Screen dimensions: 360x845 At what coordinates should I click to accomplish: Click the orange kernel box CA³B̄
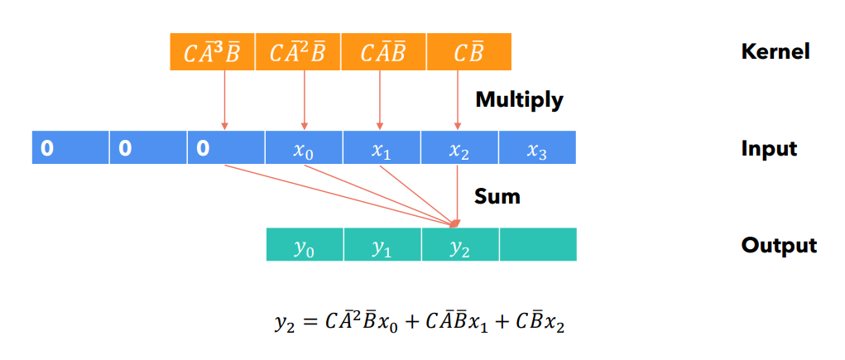[x=212, y=52]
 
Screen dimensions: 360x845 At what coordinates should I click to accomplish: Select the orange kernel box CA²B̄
[x=298, y=52]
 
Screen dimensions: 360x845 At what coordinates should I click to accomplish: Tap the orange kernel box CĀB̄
[x=383, y=52]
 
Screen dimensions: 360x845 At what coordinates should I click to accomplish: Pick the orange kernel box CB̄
[x=468, y=52]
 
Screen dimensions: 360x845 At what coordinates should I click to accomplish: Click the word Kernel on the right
[x=775, y=52]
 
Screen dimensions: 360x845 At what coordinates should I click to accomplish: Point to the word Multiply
[x=519, y=100]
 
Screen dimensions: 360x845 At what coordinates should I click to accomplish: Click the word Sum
[x=497, y=197]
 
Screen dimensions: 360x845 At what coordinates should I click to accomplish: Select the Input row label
[x=769, y=149]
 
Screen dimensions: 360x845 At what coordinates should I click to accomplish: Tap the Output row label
[x=779, y=246]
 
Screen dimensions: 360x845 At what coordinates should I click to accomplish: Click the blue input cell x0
[x=304, y=149]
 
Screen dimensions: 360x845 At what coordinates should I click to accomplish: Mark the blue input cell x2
[x=459, y=149]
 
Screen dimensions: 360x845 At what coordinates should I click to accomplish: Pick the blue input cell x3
[x=537, y=149]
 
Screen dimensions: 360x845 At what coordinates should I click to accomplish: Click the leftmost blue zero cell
[x=70, y=149]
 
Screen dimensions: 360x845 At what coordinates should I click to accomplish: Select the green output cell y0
[x=305, y=246]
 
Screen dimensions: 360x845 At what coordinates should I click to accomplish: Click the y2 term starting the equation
[x=284, y=323]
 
